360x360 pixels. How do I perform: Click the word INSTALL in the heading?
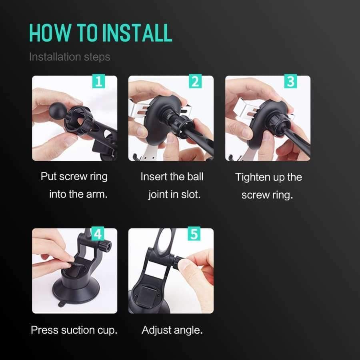pos(137,33)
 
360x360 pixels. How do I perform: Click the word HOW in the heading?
pos(50,33)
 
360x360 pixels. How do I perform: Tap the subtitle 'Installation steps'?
pos(70,57)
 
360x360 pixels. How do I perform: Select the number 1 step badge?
pos(98,81)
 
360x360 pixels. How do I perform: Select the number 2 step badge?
pos(195,81)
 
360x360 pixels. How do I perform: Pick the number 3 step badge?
pos(291,81)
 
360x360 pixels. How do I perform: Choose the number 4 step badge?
pos(98,234)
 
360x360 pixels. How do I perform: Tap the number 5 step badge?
pos(194,234)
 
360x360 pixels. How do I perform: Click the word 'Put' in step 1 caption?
pos(48,176)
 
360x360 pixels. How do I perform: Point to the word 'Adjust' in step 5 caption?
pos(156,330)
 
